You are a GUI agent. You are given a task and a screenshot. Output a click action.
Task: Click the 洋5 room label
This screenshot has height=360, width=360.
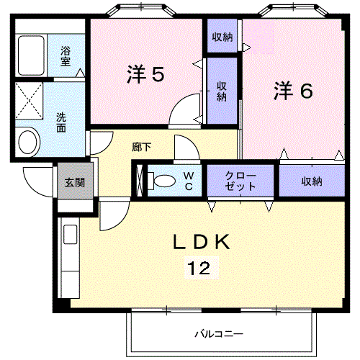pos(147,74)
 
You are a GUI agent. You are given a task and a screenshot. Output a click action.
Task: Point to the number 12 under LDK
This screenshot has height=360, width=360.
pos(200,269)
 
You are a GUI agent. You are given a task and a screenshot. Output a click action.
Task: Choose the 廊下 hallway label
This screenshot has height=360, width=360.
pos(141,146)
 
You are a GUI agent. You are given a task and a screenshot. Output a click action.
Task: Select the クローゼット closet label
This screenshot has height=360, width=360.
pos(240,181)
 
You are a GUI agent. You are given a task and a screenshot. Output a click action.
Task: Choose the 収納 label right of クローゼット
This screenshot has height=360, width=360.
pos(311,181)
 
